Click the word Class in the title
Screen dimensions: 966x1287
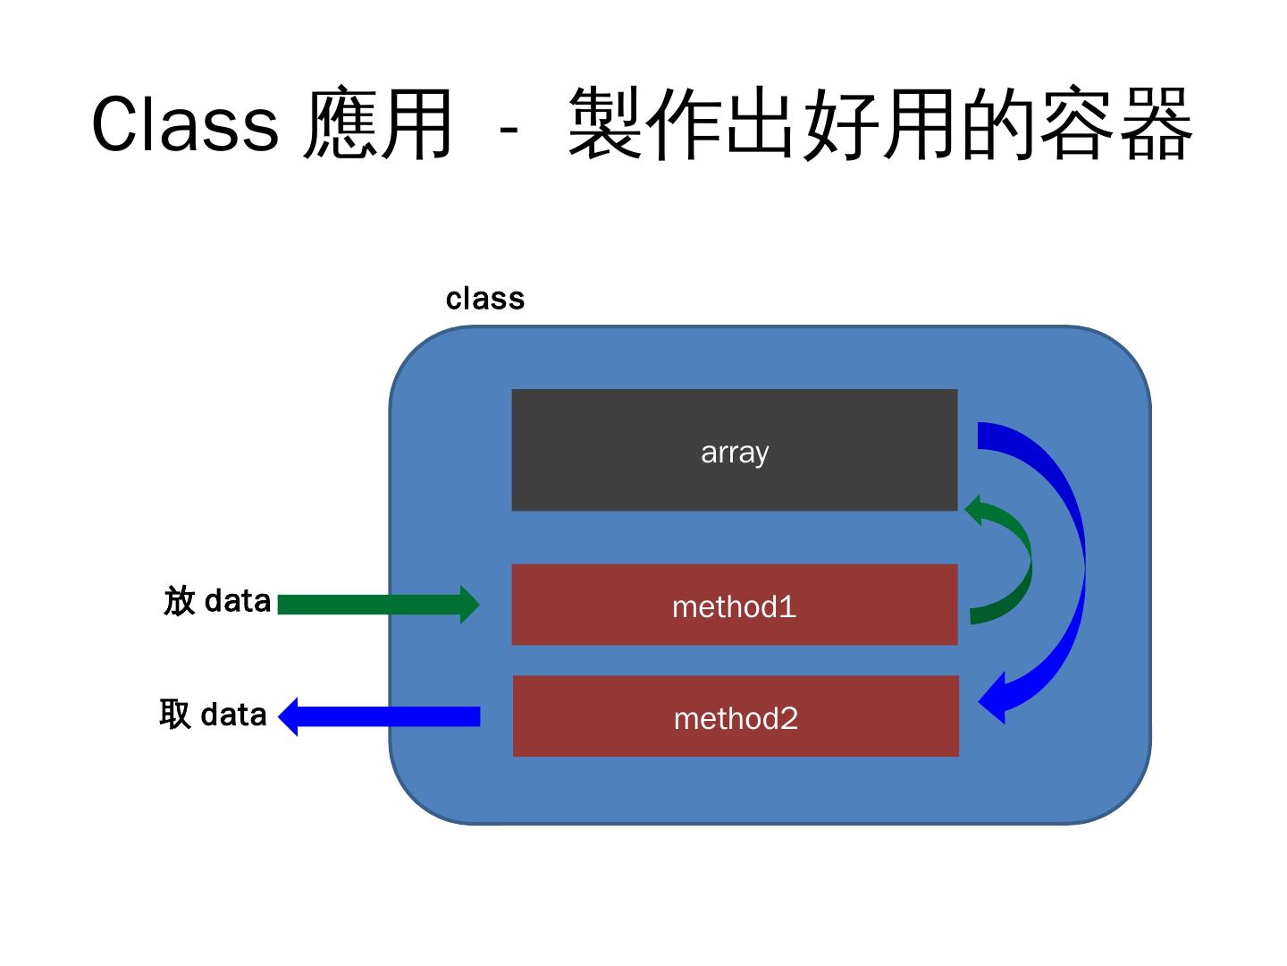(x=185, y=124)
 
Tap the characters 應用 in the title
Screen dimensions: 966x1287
(x=378, y=124)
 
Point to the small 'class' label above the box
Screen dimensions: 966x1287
(x=484, y=299)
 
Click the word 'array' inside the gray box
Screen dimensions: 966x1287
(x=735, y=453)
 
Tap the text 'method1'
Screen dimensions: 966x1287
(x=734, y=607)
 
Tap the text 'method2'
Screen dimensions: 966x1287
(x=736, y=718)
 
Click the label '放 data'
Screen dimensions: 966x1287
(x=217, y=601)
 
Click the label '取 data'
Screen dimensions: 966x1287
(x=214, y=715)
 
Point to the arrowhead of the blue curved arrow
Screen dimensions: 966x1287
(x=996, y=699)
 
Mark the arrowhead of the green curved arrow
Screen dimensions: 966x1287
(x=977, y=510)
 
